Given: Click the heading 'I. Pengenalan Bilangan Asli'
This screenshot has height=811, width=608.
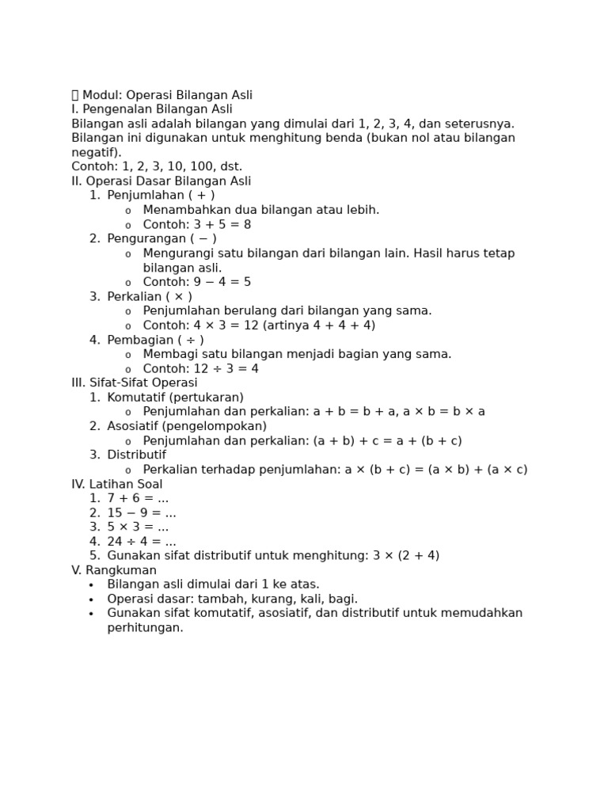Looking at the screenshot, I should [152, 109].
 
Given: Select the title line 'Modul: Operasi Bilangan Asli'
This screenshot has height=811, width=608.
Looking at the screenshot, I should [167, 95].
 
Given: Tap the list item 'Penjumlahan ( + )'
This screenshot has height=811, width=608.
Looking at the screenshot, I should [161, 195].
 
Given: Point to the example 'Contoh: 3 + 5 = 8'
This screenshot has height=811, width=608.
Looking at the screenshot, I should [196, 224].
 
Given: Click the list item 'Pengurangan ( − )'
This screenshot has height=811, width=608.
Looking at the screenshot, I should [161, 238].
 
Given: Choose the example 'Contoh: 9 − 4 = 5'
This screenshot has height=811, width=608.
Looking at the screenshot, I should [196, 282].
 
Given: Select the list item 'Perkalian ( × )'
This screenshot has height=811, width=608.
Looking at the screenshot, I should [150, 296].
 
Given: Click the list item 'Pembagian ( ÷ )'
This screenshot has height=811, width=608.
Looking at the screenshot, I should [155, 340].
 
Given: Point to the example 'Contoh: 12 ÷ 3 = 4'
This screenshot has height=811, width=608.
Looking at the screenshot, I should [200, 368].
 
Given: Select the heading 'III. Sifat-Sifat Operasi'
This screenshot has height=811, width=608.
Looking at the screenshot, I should [135, 383].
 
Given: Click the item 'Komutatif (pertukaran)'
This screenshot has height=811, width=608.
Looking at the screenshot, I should [175, 398].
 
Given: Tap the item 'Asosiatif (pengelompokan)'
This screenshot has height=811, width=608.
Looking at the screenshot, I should [187, 426].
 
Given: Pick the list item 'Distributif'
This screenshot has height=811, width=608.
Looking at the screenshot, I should [136, 455].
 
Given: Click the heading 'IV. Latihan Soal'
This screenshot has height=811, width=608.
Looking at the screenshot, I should [117, 484].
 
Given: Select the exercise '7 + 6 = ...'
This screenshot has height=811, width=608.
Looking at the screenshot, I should [138, 498].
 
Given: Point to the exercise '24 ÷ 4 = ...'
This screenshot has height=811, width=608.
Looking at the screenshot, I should [142, 542].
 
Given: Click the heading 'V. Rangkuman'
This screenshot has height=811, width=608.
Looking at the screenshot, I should [114, 570].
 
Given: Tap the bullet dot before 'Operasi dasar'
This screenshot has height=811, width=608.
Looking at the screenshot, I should [91, 600].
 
